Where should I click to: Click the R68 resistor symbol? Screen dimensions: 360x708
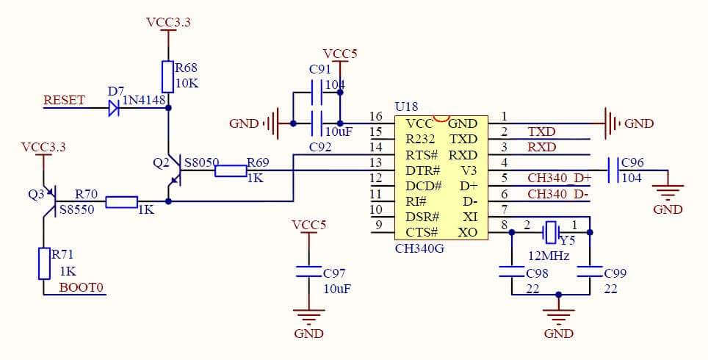(x=168, y=76)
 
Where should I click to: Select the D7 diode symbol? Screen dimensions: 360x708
(x=114, y=108)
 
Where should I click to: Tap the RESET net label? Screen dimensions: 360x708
(x=64, y=100)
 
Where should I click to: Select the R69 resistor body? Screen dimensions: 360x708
(x=231, y=171)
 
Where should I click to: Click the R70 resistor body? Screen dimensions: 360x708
(x=121, y=201)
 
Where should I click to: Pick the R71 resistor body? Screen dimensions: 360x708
(x=44, y=263)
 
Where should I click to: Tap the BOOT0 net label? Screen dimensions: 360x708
(x=81, y=287)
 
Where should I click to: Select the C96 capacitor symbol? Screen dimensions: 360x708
(x=612, y=170)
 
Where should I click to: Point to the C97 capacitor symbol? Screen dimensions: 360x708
(x=308, y=272)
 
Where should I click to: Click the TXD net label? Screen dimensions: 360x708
(x=541, y=132)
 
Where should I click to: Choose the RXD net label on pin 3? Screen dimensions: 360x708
(x=541, y=148)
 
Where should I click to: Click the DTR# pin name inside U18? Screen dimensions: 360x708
(x=422, y=170)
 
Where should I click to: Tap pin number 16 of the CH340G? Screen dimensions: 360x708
(x=376, y=117)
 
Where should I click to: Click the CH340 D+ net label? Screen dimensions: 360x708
(x=559, y=178)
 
